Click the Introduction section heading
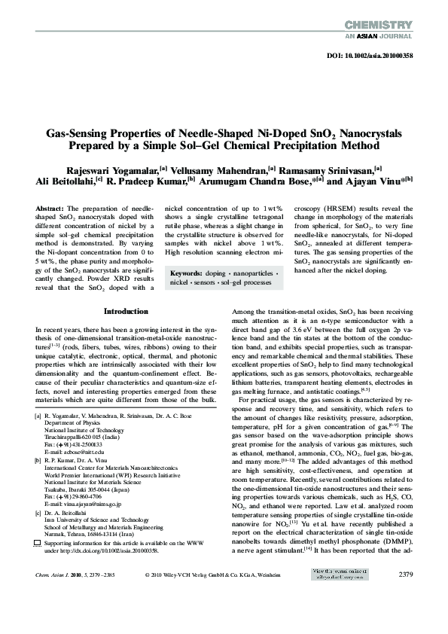[126, 311]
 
